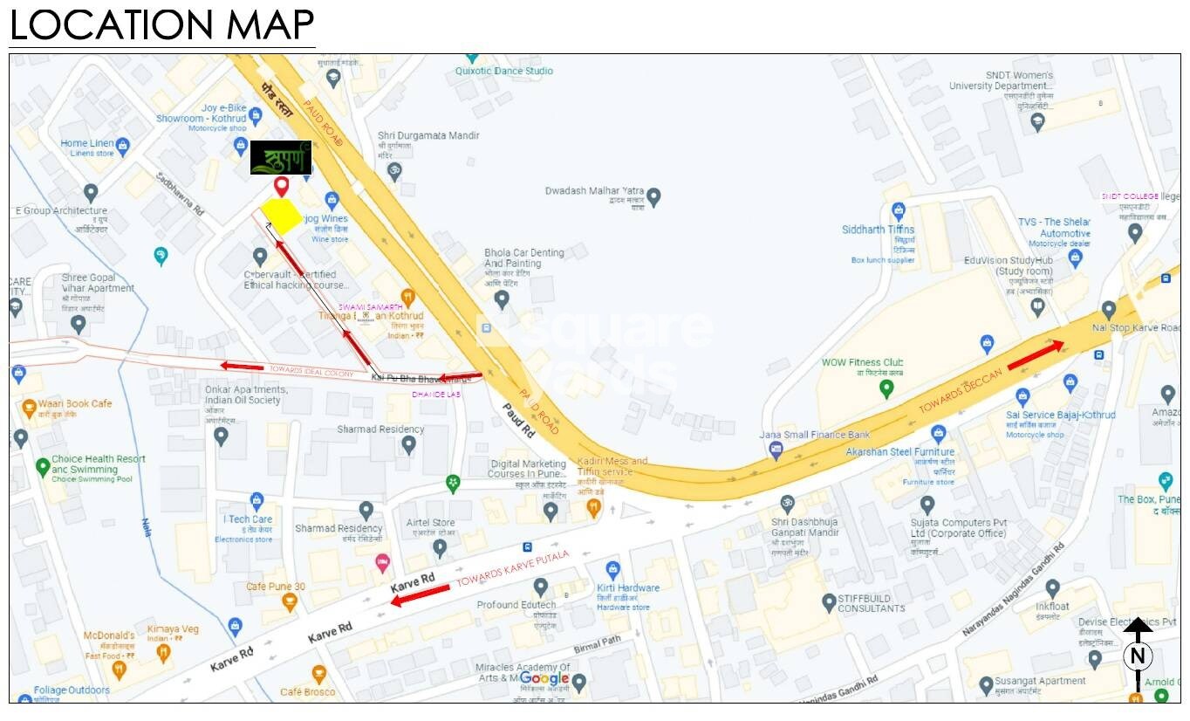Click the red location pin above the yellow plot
[x=281, y=186]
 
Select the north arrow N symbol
[x=1138, y=655]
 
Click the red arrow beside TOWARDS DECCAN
[x=1036, y=355]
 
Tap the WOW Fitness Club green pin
[x=886, y=388]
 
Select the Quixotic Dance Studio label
[x=504, y=71]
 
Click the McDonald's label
[x=109, y=635]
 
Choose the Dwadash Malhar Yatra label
[x=594, y=190]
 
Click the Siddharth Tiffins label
[x=879, y=230]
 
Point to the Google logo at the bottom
[x=544, y=678]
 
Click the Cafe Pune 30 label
[x=276, y=587]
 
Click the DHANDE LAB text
[x=436, y=395]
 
